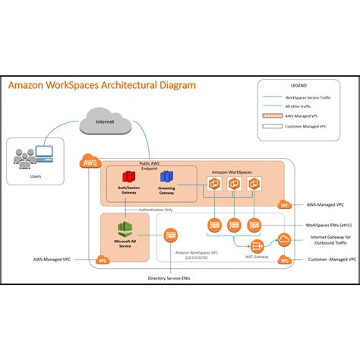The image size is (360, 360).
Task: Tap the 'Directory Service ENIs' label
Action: [x=172, y=278]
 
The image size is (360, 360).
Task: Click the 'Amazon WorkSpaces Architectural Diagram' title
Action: [x=102, y=86]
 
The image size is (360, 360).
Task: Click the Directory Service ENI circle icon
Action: [x=172, y=235]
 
